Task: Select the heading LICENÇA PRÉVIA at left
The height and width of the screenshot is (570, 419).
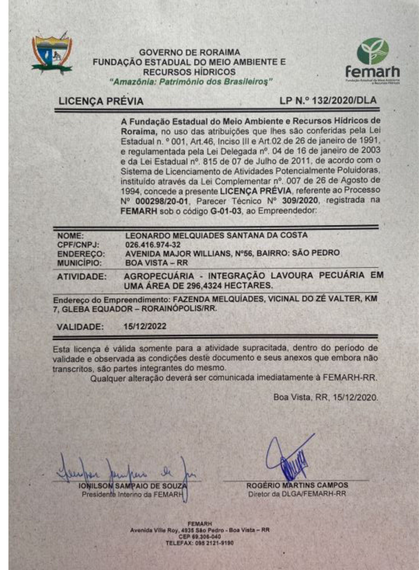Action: [x=101, y=102]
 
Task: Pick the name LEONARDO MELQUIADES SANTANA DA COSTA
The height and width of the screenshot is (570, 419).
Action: [x=217, y=235]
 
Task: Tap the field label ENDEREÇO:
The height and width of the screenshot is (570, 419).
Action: [x=81, y=254]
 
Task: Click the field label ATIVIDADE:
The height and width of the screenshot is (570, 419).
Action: [x=82, y=277]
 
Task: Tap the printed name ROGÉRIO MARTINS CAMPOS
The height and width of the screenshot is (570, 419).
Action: [x=297, y=485]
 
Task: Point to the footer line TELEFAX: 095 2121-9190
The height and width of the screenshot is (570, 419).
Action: [x=199, y=543]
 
